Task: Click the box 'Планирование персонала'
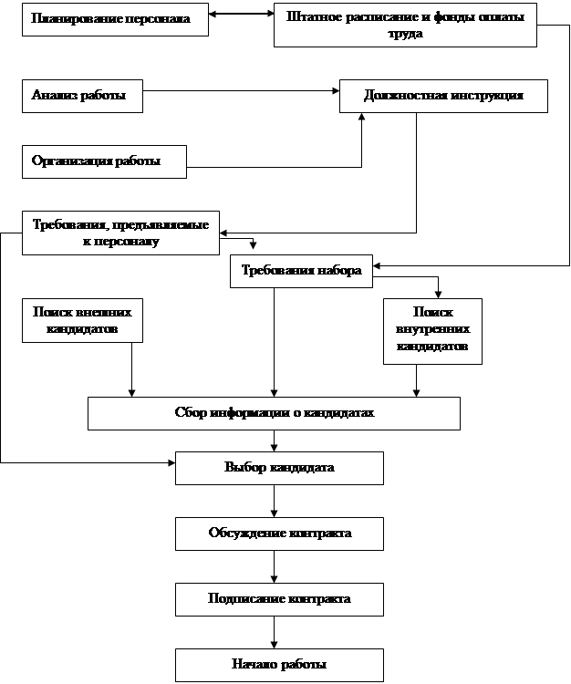[x=115, y=19]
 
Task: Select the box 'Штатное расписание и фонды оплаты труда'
[x=405, y=25]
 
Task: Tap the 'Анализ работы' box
[x=82, y=96]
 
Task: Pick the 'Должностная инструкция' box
[x=443, y=96]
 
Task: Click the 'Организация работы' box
[x=104, y=161]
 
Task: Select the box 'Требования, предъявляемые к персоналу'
[x=120, y=233]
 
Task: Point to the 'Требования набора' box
[x=301, y=271]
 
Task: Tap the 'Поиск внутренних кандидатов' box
[x=432, y=330]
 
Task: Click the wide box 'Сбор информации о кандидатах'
[x=274, y=413]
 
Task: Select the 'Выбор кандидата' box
[x=279, y=468]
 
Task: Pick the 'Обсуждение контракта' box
[x=279, y=534]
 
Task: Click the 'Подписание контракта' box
[x=279, y=599]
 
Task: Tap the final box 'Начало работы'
[x=279, y=665]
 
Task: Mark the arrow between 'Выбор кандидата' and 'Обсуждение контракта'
[x=274, y=501]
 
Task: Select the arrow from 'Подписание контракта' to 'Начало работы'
[x=274, y=632]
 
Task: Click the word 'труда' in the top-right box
[x=405, y=33]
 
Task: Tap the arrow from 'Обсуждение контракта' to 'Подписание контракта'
[x=274, y=566]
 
